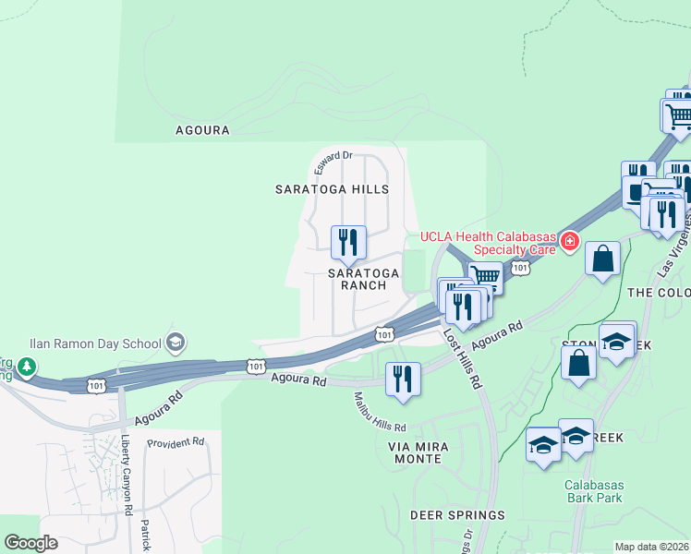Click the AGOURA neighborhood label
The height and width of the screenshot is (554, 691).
tap(202, 130)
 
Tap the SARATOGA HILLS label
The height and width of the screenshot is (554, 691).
tap(332, 188)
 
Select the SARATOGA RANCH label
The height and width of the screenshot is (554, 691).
tap(365, 279)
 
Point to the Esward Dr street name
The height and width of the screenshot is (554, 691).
tap(333, 163)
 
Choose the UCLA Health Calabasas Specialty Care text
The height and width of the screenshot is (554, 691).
tap(489, 242)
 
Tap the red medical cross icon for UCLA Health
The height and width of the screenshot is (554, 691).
tap(570, 242)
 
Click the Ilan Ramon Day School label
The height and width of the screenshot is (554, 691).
tap(95, 343)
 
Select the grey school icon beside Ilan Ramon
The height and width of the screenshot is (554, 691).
tap(174, 343)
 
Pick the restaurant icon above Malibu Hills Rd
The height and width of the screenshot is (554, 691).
tap(402, 379)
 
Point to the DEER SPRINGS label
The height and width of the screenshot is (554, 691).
tap(458, 514)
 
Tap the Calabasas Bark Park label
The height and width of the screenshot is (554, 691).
tap(594, 491)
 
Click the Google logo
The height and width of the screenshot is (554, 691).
tap(30, 543)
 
